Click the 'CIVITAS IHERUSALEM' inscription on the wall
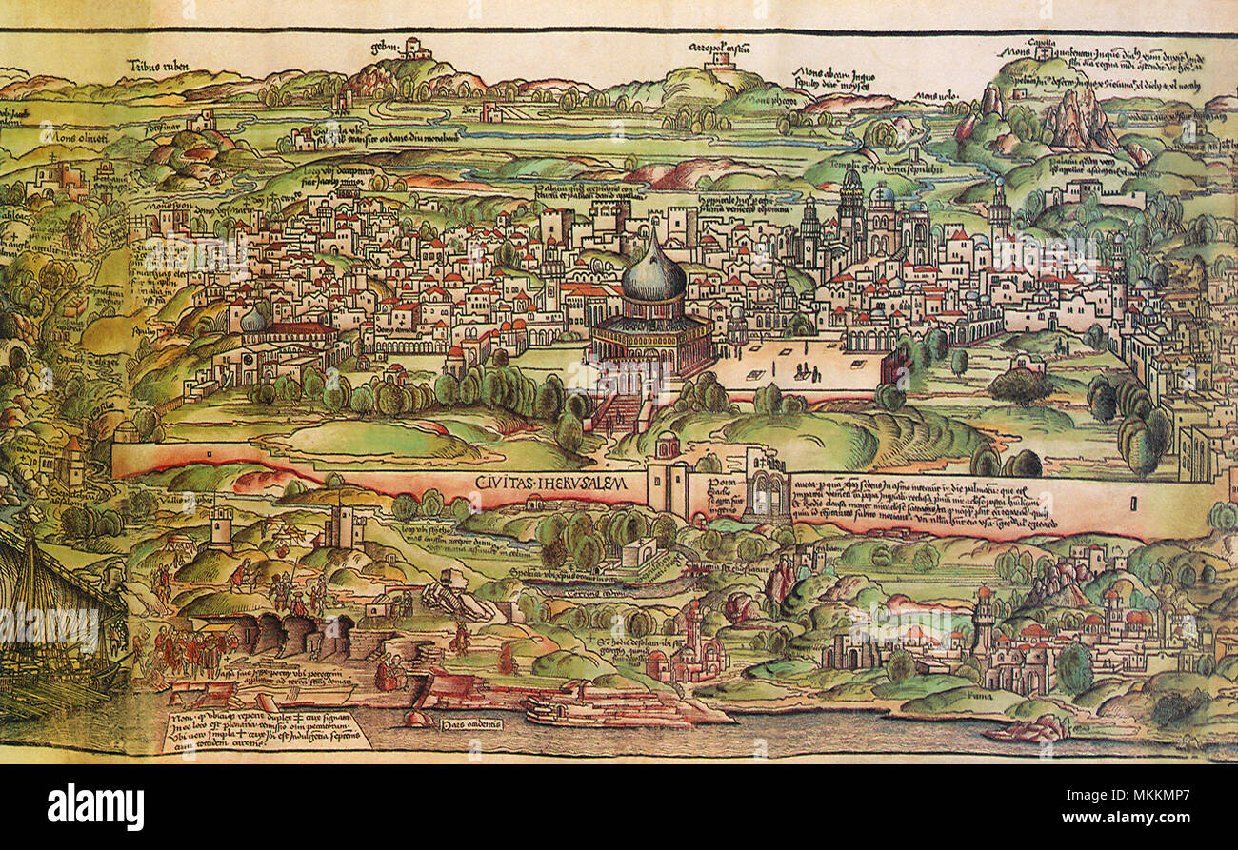point(551,484)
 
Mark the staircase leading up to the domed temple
point(618,413)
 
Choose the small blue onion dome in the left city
point(252,321)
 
